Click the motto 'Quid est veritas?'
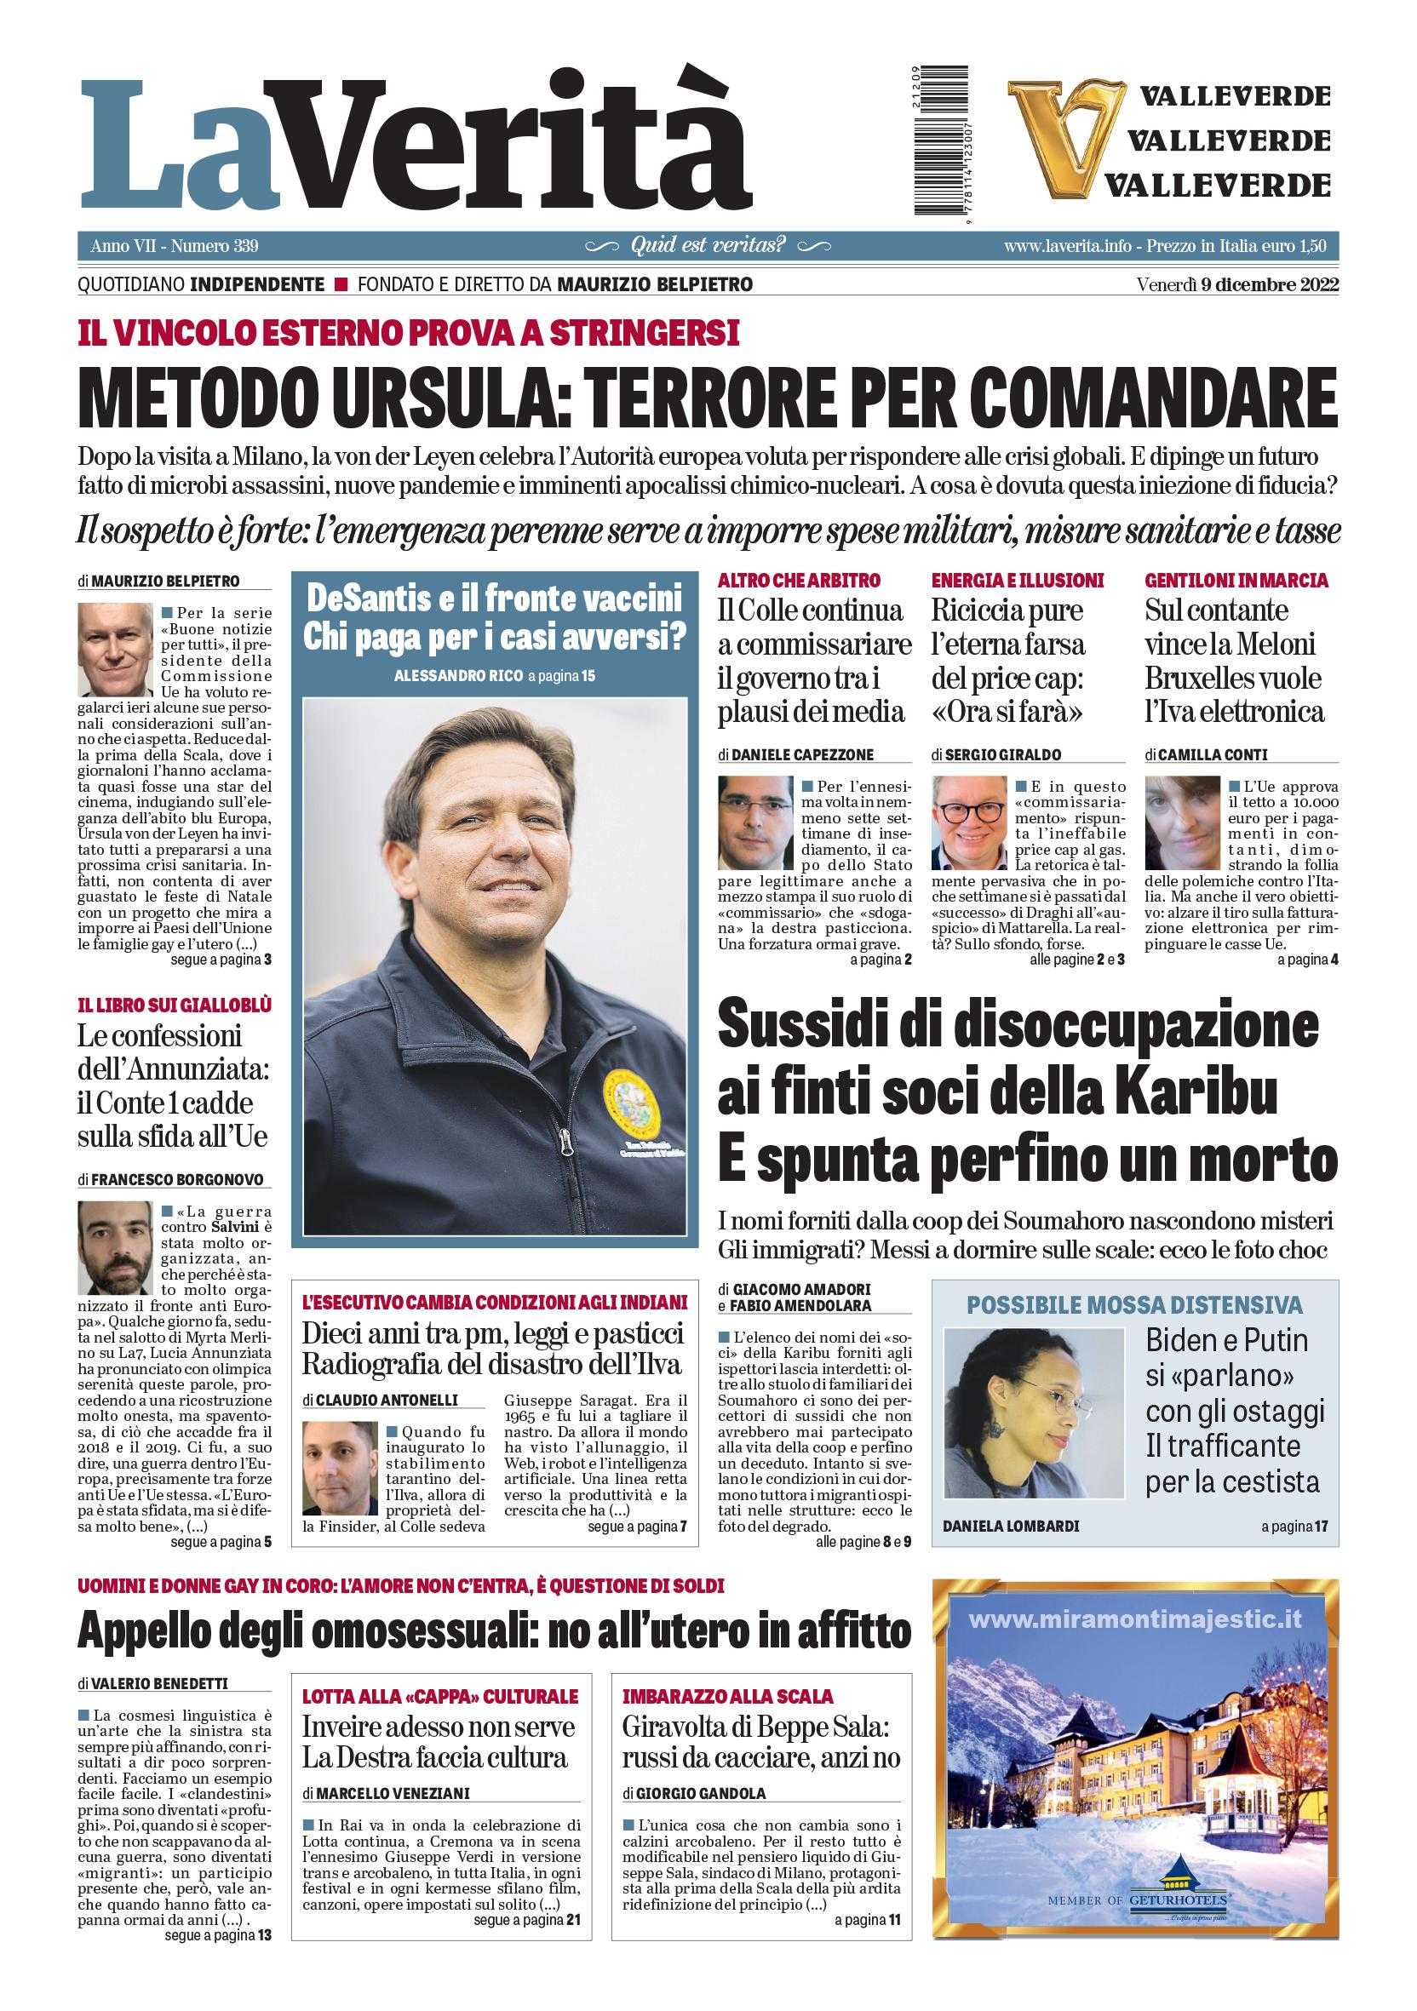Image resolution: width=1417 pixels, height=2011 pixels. (x=708, y=246)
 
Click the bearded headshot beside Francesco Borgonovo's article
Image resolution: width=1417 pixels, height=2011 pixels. (x=115, y=1248)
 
